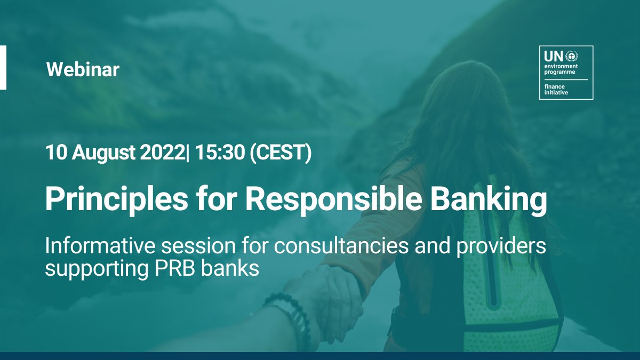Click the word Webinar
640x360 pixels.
(x=83, y=70)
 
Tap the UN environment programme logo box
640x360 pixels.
(x=566, y=73)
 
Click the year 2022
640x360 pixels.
(x=158, y=153)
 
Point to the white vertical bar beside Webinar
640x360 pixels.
(x=3, y=67)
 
